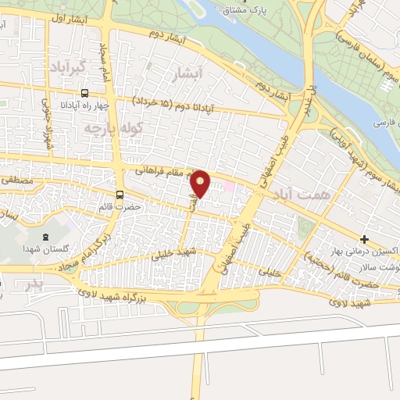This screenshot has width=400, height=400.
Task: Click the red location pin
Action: coord(201,184)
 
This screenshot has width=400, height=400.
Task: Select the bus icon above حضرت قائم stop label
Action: coord(120,195)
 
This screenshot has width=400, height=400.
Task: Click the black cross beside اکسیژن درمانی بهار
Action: coord(364,238)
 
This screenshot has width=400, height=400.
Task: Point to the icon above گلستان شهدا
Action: coord(45,237)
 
